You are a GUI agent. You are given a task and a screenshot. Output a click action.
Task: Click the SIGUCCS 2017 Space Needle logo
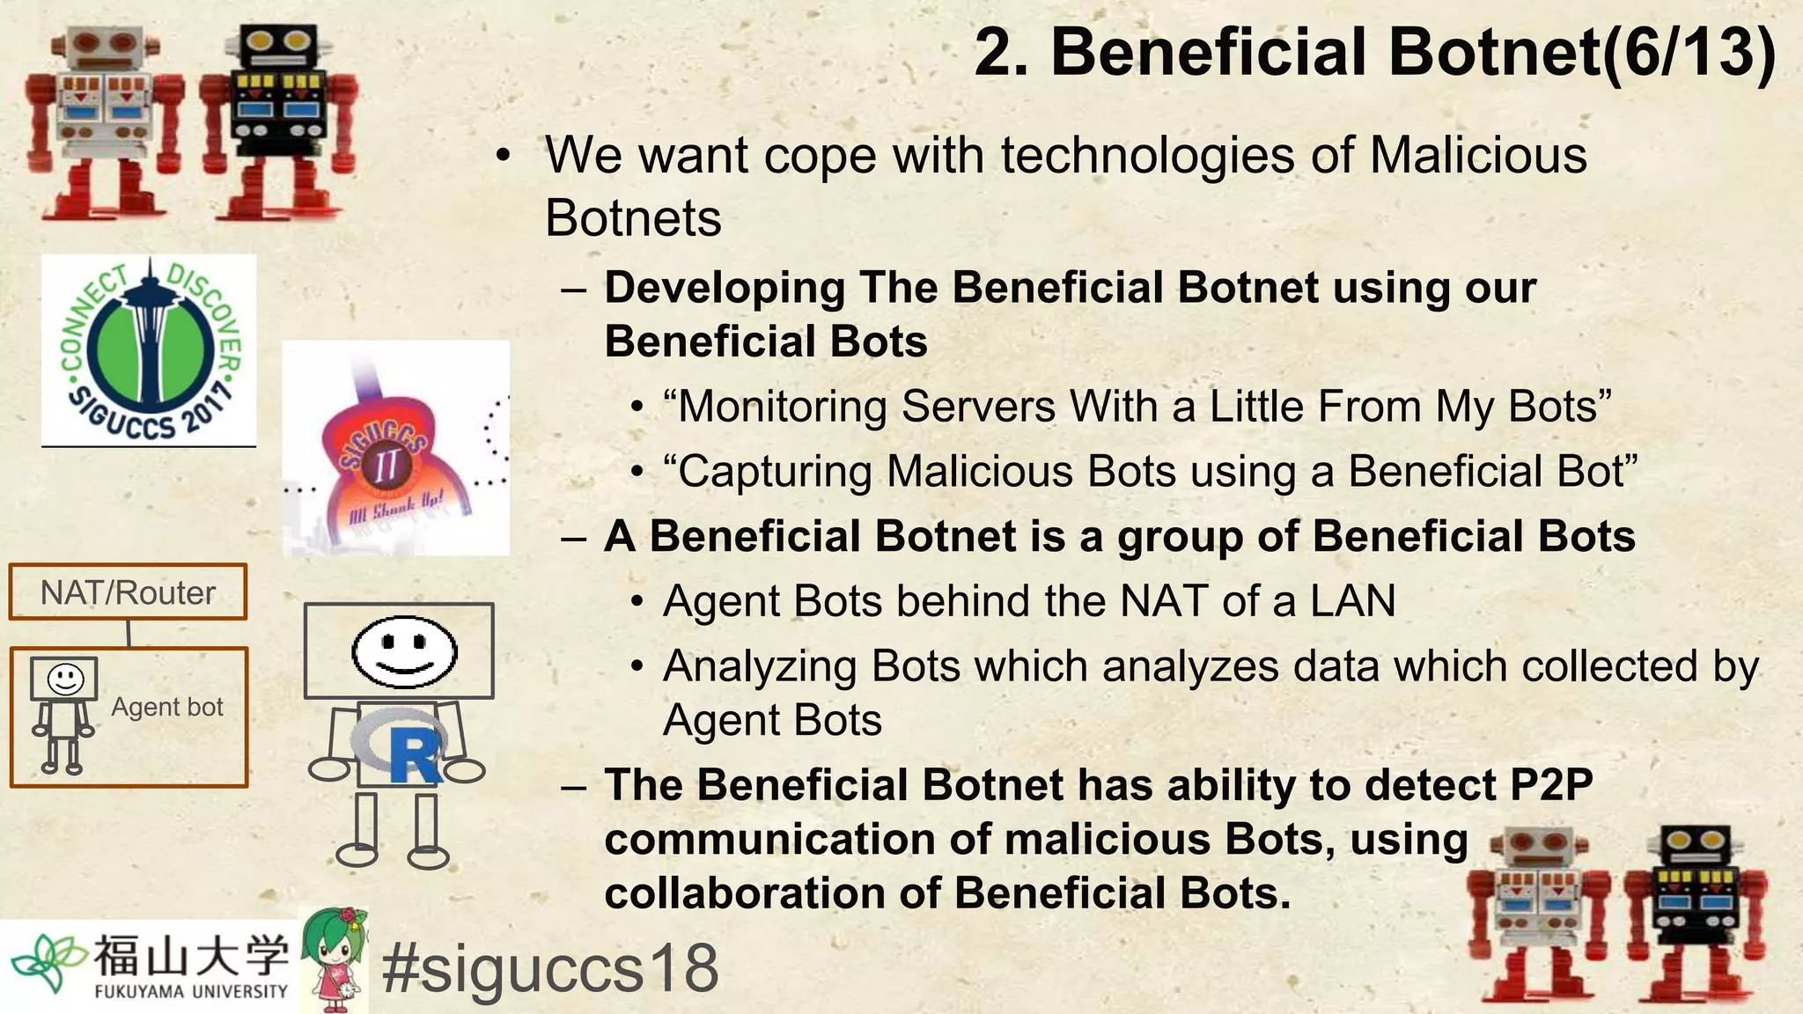tap(149, 349)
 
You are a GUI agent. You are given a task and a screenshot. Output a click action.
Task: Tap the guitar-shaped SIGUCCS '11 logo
tap(395, 447)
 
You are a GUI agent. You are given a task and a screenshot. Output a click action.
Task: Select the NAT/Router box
tap(128, 592)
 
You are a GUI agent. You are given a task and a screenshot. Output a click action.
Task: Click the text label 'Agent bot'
tap(167, 707)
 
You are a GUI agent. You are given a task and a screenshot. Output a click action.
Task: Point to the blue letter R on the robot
tap(414, 754)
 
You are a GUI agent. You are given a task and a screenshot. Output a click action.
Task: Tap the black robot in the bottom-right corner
tap(1695, 915)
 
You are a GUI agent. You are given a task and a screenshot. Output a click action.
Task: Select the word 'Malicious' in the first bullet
tap(1478, 156)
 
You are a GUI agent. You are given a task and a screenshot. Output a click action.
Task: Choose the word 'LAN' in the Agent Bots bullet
tap(1352, 602)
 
